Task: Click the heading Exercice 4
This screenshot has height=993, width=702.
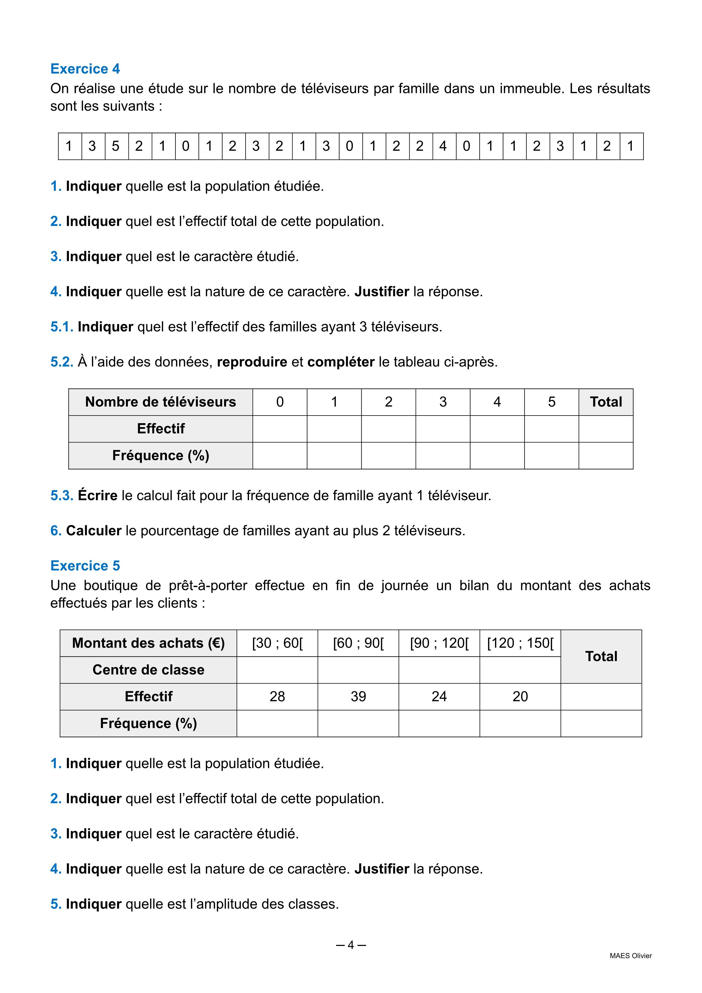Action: point(85,69)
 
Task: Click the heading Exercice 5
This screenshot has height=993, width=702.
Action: point(85,566)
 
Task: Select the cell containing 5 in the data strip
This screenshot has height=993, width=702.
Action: point(115,146)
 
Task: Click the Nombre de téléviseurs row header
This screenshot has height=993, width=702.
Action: point(160,402)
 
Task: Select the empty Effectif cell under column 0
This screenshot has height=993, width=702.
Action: point(280,429)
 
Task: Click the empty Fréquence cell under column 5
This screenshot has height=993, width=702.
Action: point(551,455)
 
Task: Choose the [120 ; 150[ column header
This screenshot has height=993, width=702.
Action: point(520,643)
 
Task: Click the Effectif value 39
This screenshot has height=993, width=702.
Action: point(358,696)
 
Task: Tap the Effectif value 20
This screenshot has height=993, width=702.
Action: point(520,696)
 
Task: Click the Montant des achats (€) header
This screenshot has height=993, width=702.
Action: point(148,643)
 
